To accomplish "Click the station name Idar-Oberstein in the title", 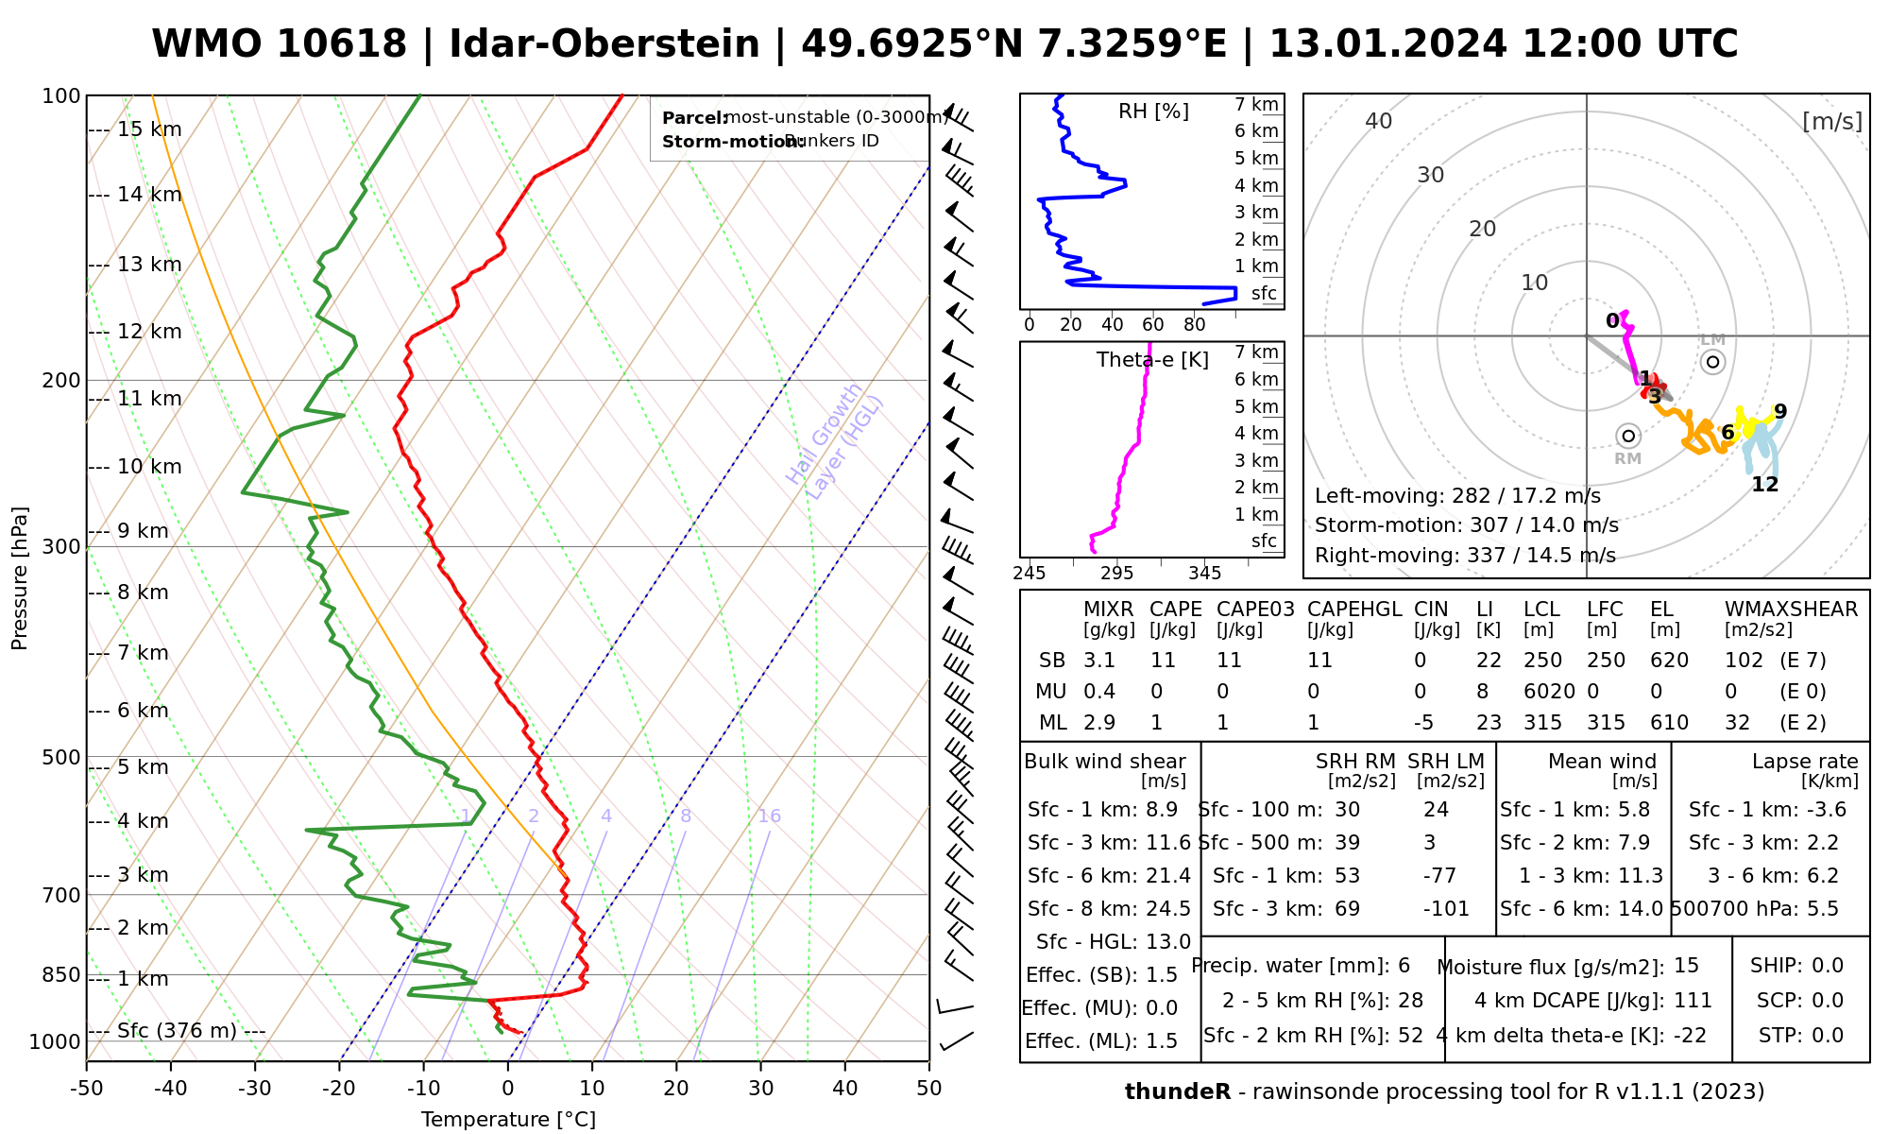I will pyautogui.click(x=604, y=44).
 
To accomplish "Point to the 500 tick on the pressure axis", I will pyautogui.click(x=62, y=758).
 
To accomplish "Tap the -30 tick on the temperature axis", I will pyautogui.click(x=255, y=1089).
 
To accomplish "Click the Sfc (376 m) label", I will pyautogui.click(x=177, y=1030).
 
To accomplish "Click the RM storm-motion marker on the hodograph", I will pyautogui.click(x=1627, y=436).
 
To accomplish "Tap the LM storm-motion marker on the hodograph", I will pyautogui.click(x=1712, y=362).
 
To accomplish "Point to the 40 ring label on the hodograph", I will pyautogui.click(x=1379, y=121).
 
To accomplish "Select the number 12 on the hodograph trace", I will pyautogui.click(x=1764, y=485).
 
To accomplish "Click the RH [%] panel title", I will pyautogui.click(x=1153, y=112).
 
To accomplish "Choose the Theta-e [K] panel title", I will pyautogui.click(x=1152, y=360).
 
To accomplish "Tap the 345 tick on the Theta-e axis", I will pyautogui.click(x=1204, y=574).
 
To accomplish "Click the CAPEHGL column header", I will pyautogui.click(x=1353, y=610).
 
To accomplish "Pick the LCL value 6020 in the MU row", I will pyautogui.click(x=1549, y=692).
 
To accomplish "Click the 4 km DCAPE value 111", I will pyautogui.click(x=1693, y=1001).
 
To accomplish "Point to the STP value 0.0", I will pyautogui.click(x=1828, y=1036).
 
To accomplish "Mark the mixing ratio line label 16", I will pyautogui.click(x=770, y=816).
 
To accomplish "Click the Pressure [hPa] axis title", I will pyautogui.click(x=20, y=578).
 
